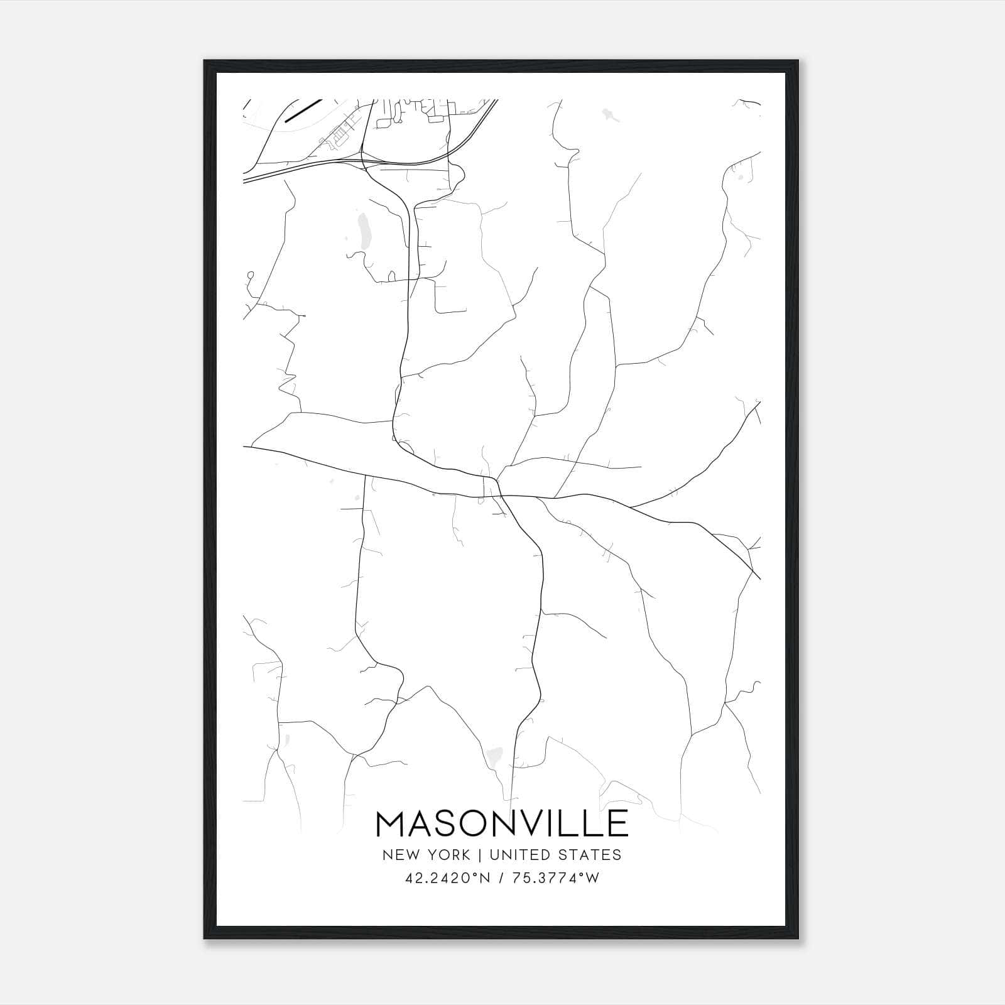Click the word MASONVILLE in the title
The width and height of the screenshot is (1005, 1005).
point(502,823)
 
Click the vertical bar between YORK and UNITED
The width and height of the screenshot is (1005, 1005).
point(479,855)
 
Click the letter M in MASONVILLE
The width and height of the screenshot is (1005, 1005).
point(391,823)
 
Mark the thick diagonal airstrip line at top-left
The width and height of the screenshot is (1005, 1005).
point(303,110)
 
